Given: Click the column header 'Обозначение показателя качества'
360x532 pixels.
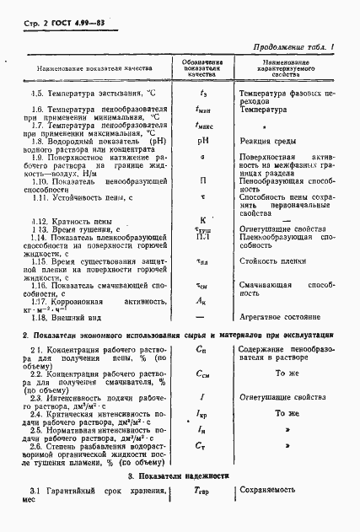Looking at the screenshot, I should coord(203,67).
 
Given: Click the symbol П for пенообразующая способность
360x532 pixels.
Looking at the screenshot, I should coord(203,180).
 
